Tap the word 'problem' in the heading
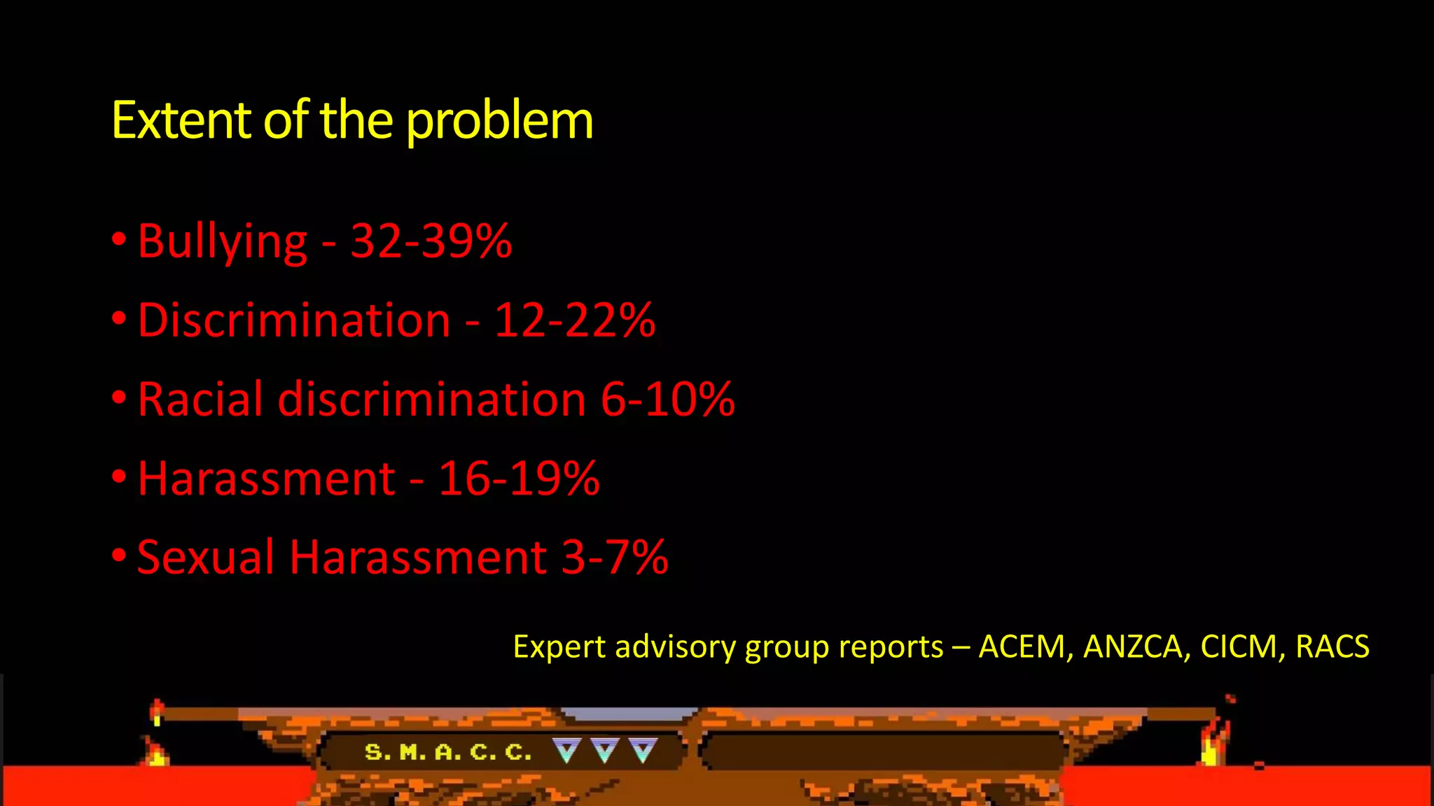pos(499,122)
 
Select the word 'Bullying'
pos(222,242)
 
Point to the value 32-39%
pos(431,241)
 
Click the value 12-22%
pos(574,320)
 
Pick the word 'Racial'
pos(200,400)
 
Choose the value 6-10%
pos(667,400)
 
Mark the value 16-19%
pos(518,479)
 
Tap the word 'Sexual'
pos(205,558)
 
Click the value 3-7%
pos(614,558)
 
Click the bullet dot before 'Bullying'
pos(119,239)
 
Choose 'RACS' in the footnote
pos(1332,646)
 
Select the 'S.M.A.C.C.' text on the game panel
pos(448,753)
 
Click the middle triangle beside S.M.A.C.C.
pos(605,751)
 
